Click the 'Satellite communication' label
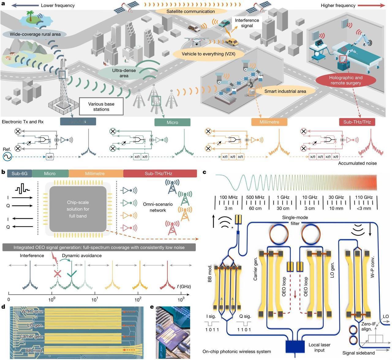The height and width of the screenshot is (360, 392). tap(190, 11)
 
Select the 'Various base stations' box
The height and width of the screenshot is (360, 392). tap(101, 106)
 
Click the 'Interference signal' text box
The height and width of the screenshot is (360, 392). tap(247, 23)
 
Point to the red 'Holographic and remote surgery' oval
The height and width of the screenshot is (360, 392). tap(346, 80)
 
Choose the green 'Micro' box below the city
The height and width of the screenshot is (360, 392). tap(172, 122)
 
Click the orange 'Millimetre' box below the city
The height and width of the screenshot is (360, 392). tap(269, 122)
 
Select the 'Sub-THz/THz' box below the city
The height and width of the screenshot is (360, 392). tap(357, 122)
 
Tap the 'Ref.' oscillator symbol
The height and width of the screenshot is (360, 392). tap(7, 157)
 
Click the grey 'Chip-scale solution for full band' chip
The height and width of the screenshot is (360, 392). tap(78, 209)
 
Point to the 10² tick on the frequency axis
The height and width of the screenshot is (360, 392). tap(138, 294)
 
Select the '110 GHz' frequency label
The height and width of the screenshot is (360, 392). tap(364, 197)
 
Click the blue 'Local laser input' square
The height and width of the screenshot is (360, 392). tap(295, 346)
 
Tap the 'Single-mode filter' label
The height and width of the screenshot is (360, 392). tap(295, 220)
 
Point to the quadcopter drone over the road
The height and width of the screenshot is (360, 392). tap(196, 42)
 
